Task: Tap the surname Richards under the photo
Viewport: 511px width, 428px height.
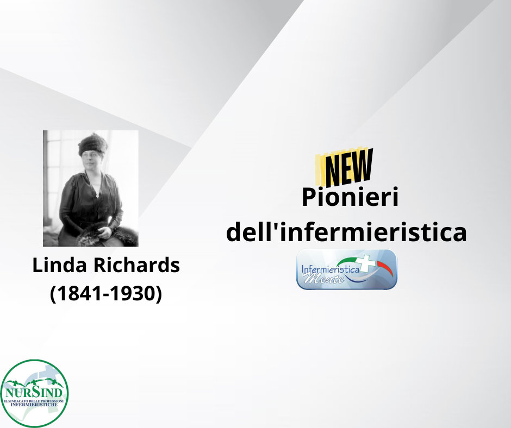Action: [x=137, y=265]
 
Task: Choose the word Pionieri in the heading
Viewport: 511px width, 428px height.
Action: [x=350, y=198]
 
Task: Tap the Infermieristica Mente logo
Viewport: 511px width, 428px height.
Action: [x=347, y=269]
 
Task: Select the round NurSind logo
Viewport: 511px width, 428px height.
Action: [x=34, y=393]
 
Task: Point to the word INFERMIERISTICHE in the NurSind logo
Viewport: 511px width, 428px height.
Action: [x=34, y=405]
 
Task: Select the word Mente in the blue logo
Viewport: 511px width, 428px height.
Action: [x=323, y=279]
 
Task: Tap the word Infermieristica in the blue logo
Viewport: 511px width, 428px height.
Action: [x=330, y=270]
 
